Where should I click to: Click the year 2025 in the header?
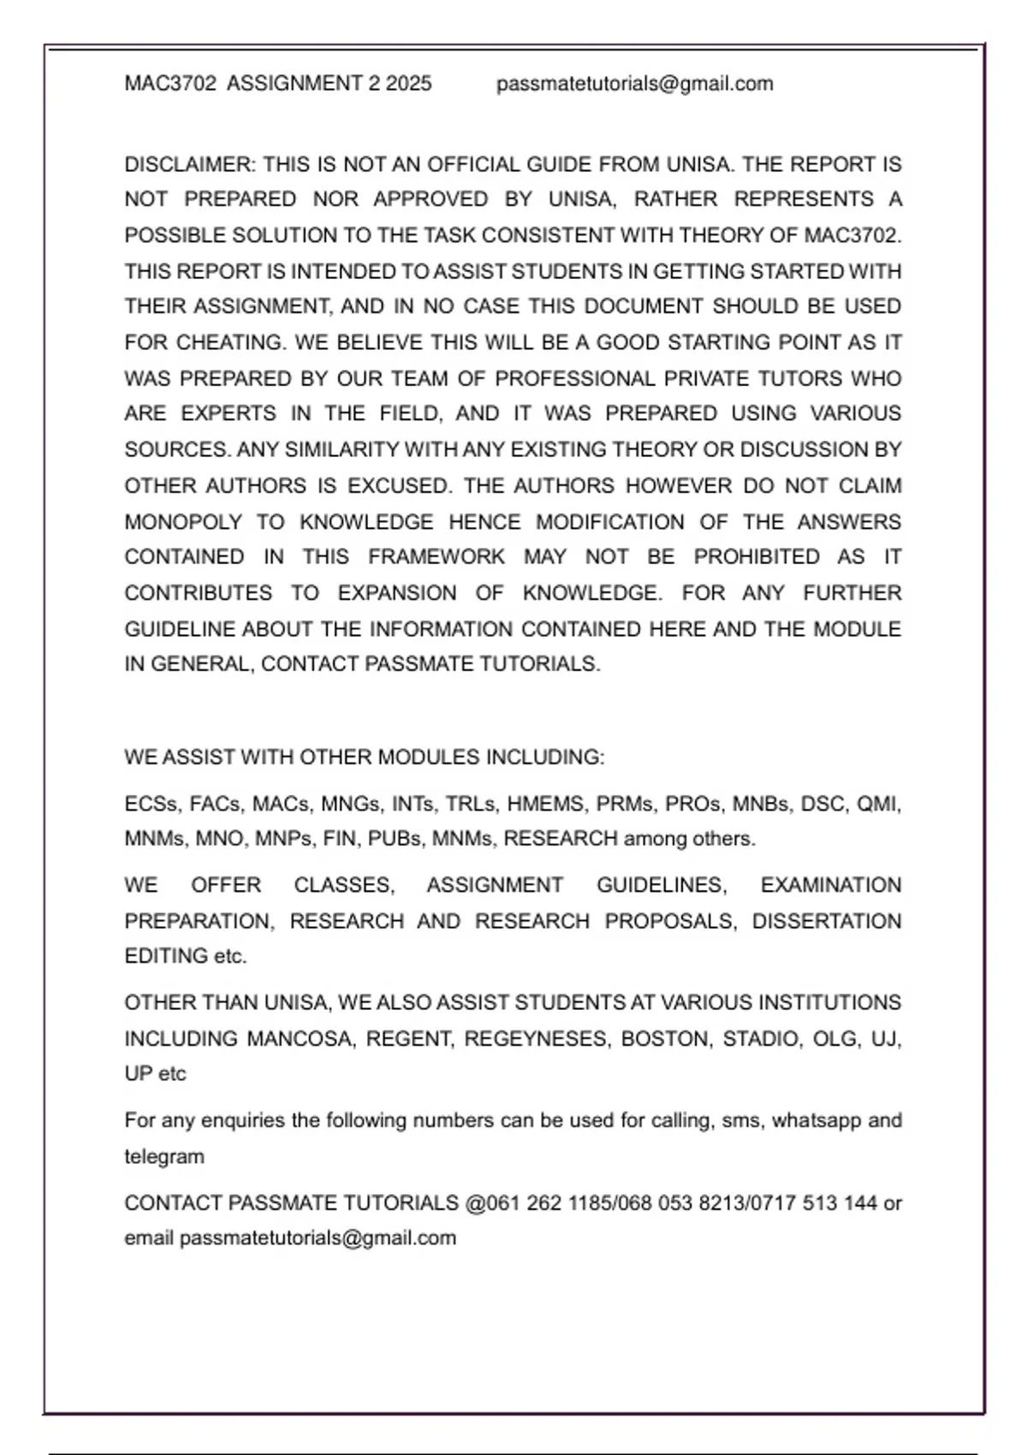pyautogui.click(x=408, y=84)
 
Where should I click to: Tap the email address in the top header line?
pyautogui.click(x=634, y=84)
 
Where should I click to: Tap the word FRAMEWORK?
pyautogui.click(x=436, y=557)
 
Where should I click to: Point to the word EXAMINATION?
pyautogui.click(x=830, y=885)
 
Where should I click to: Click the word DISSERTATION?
pyautogui.click(x=826, y=921)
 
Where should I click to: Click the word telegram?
pyautogui.click(x=164, y=1157)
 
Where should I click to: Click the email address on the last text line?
pyautogui.click(x=318, y=1238)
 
